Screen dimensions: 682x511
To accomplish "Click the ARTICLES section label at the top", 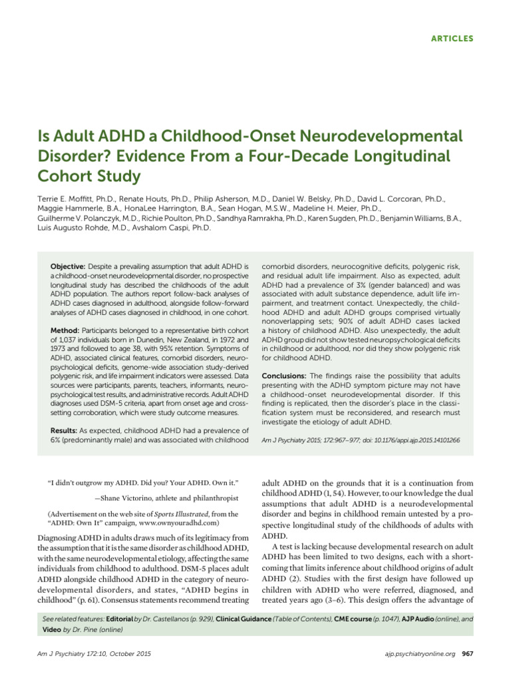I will point(450,39).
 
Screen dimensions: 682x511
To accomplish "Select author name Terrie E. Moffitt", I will point(64,199).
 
